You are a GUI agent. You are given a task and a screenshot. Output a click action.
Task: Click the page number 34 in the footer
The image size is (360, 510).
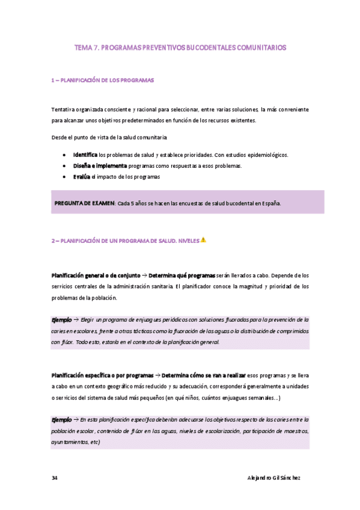coord(54,478)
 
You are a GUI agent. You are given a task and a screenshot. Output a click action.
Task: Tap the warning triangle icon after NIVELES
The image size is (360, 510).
coord(203,240)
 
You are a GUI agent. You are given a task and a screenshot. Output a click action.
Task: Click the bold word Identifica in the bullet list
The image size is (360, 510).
coord(85,155)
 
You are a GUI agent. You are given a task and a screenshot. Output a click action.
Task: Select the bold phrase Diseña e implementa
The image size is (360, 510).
coord(100,165)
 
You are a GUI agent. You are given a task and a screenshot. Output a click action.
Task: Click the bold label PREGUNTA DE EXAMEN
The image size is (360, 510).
coord(84,203)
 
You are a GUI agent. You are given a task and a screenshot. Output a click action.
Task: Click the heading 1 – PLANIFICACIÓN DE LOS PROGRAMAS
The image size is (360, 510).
coord(103,79)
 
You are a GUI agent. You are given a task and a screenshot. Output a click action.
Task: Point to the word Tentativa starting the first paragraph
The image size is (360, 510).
coord(65,109)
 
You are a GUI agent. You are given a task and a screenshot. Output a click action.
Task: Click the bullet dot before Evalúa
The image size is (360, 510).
coord(64,176)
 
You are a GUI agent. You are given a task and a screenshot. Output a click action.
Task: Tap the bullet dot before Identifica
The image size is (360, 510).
coord(64,155)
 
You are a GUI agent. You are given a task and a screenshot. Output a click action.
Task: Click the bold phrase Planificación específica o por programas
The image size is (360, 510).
coord(102,375)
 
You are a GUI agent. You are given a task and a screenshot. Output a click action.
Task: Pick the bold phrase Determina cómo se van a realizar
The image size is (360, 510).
coord(202,375)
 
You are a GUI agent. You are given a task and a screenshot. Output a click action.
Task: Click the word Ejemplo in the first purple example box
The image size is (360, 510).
coord(61,319)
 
